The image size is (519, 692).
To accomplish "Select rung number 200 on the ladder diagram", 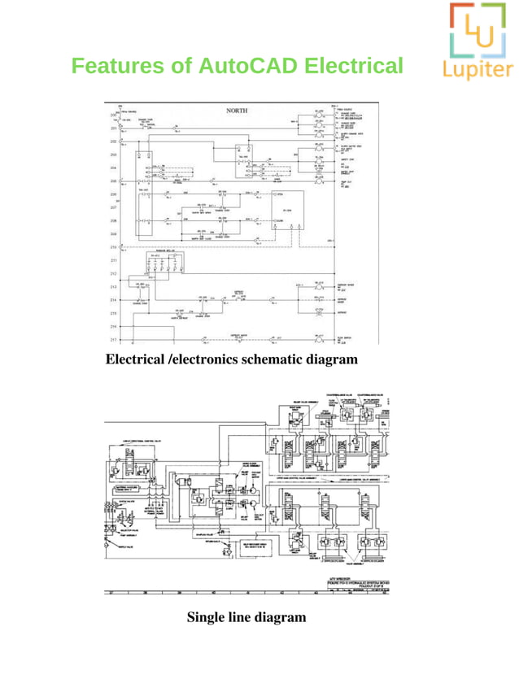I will (113, 116).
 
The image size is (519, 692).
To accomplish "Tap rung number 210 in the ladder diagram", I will (113, 246).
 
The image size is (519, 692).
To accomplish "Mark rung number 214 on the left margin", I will (113, 300).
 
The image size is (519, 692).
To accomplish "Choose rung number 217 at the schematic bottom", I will (113, 339).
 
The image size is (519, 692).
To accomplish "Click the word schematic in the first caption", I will (264, 359).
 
